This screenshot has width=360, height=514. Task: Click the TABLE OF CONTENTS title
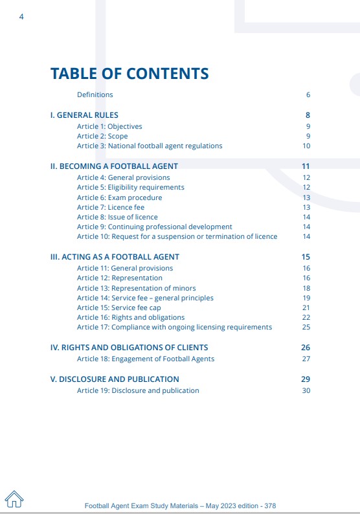129,74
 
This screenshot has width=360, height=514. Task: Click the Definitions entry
95,95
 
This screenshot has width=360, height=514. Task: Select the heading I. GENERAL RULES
84,115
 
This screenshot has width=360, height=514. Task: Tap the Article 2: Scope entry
102,136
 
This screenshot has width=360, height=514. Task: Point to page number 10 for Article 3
306,146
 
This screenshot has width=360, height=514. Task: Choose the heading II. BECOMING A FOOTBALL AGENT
114,166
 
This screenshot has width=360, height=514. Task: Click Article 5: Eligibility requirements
130,187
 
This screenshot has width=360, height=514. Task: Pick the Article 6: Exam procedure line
119,197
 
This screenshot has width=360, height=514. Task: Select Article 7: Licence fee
111,207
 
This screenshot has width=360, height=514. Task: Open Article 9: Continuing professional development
154,227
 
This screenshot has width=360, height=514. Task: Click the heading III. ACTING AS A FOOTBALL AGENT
115,257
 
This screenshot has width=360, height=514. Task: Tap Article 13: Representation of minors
136,288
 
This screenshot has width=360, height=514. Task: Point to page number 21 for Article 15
306,307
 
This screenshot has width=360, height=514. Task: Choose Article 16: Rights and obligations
131,317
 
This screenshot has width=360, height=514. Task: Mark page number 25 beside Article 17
306,327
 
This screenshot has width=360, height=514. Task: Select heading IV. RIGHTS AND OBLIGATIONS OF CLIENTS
129,348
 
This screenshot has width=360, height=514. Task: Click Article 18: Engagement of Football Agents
145,359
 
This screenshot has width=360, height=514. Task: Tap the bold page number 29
306,379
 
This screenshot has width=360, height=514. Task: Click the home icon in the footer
14,499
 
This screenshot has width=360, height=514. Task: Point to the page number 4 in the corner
21,17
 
